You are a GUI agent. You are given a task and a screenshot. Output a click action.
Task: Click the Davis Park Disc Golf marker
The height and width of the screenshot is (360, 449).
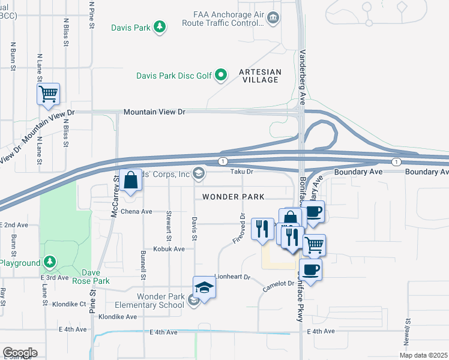point(221,75)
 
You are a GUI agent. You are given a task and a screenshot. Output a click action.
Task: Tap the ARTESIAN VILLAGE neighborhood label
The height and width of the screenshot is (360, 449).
point(259,76)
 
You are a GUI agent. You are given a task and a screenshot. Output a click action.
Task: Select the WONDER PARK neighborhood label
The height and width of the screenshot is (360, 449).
point(234,197)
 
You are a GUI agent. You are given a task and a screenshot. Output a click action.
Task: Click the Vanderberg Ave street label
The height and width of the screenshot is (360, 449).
point(303,79)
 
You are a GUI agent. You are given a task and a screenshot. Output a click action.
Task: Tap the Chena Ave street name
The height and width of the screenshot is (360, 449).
point(137,212)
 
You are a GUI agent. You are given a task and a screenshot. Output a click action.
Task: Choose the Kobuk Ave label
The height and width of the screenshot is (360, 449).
point(169,248)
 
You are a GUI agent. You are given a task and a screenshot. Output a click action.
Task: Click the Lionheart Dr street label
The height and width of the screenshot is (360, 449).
point(232,278)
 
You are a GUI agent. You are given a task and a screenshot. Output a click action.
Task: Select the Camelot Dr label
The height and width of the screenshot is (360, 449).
point(276,288)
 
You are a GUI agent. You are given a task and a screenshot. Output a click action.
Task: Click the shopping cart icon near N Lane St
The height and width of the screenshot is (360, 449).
point(48,94)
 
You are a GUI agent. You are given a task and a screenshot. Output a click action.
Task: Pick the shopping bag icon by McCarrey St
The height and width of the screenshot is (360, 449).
point(130,179)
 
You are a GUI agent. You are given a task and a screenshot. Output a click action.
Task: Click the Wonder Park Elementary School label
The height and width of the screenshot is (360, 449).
point(160,301)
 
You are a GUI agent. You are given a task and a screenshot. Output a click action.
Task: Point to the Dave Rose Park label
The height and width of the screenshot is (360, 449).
point(91,277)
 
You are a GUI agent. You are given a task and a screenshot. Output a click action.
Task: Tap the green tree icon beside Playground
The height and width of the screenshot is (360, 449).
point(50,262)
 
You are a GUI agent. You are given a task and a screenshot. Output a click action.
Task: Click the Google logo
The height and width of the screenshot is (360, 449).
point(19,353)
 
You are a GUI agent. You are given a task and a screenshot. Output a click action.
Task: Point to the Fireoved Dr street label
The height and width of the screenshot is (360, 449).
point(240,229)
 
